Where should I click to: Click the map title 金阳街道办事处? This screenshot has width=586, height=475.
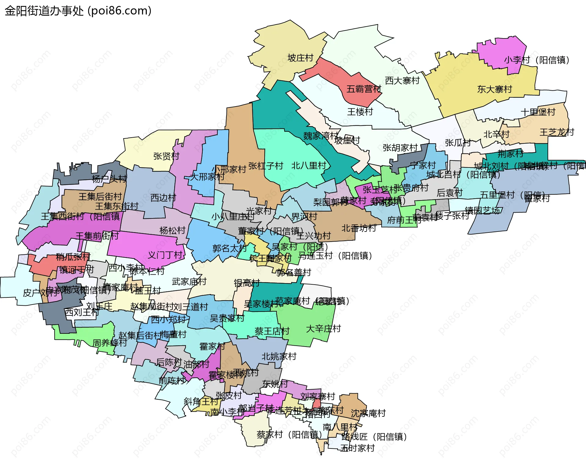click(x=44, y=11)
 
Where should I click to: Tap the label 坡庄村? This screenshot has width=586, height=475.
click(x=300, y=58)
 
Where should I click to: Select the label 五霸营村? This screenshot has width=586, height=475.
click(x=364, y=89)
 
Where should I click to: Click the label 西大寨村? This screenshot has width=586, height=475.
click(x=402, y=81)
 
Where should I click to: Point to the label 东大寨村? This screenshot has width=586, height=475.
click(x=494, y=89)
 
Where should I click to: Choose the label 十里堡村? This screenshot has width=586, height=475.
click(x=538, y=112)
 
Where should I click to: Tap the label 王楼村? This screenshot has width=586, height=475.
click(x=360, y=112)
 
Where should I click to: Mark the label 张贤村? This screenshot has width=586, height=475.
click(x=166, y=156)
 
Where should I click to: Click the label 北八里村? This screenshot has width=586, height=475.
click(x=309, y=166)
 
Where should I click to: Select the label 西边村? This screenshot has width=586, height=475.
click(x=163, y=198)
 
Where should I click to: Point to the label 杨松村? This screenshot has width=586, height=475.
click(x=172, y=230)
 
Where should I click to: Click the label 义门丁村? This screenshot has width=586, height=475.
click(x=165, y=255)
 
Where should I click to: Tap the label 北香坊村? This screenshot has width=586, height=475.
click(x=359, y=228)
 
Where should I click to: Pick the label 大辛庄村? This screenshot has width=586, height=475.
click(x=323, y=329)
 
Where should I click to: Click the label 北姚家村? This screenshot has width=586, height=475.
click(x=279, y=356)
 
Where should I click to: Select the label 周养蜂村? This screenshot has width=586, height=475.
click(x=110, y=343)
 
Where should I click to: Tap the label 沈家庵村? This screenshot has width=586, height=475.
click(x=368, y=413)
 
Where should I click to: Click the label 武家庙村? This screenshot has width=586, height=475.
click(x=189, y=282)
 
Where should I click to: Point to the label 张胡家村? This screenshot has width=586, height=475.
click(x=400, y=148)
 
